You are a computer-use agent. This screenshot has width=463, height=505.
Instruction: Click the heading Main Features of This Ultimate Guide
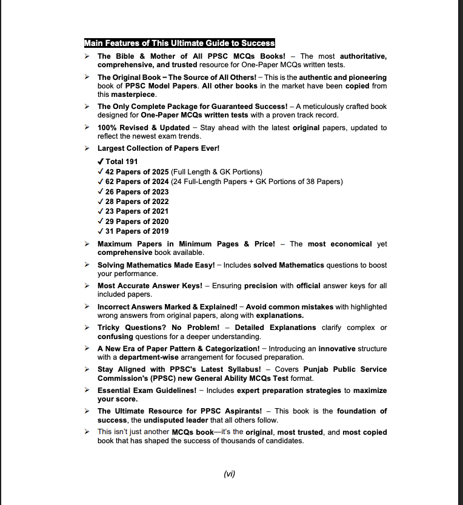click(x=179, y=43)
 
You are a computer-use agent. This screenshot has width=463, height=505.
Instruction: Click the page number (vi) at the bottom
click(x=229, y=474)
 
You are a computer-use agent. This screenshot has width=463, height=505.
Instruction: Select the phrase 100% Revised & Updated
click(x=144, y=128)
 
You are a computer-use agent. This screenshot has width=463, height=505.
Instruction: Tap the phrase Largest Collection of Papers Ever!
click(x=158, y=148)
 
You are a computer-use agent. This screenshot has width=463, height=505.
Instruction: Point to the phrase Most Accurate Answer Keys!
click(x=146, y=286)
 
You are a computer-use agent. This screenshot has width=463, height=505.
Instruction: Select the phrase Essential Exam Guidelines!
click(x=142, y=391)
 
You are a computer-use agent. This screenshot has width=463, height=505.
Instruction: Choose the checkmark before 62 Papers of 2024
click(x=100, y=182)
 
